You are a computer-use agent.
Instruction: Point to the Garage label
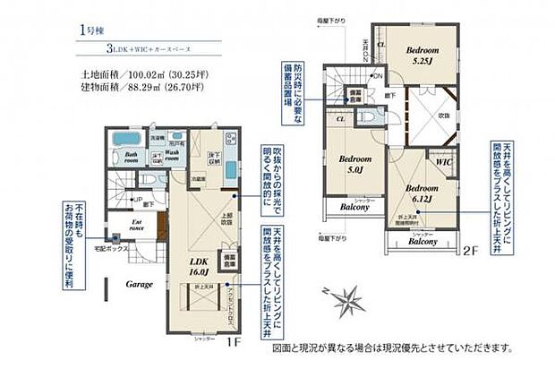(139, 283)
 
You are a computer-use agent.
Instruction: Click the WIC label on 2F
(442, 163)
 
